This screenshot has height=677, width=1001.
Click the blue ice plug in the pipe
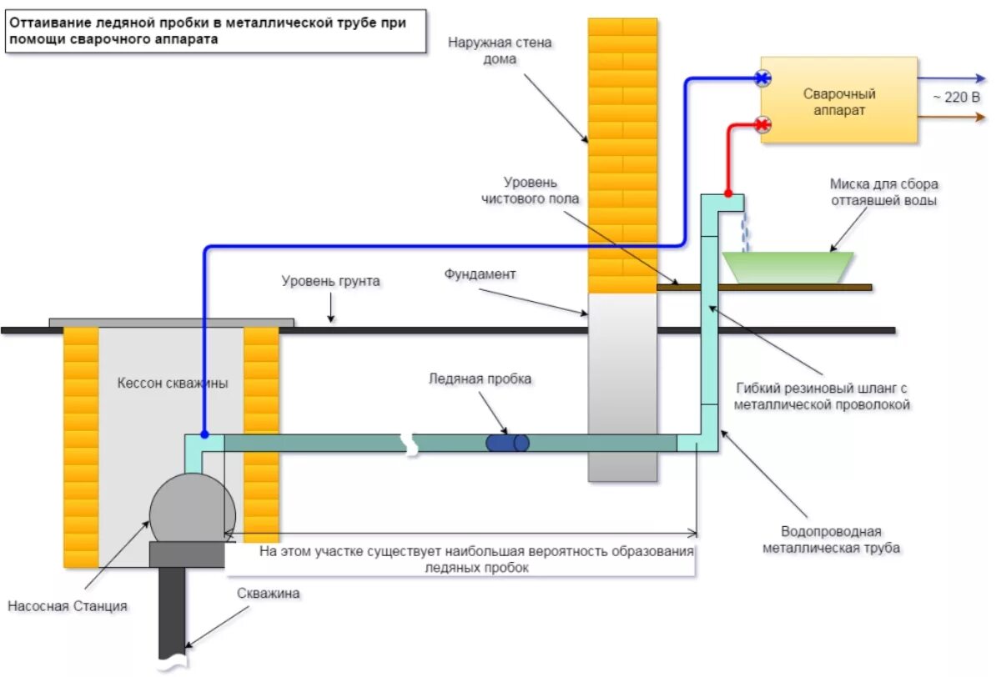pyautogui.click(x=507, y=443)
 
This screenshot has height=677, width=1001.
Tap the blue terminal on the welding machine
pyautogui.click(x=762, y=78)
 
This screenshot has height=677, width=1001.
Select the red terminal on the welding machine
pyautogui.click(x=762, y=124)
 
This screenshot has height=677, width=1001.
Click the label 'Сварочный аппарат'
pyautogui.click(x=839, y=102)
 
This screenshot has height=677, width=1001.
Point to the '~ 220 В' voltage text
pyautogui.click(x=956, y=97)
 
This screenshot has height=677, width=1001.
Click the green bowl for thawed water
pyautogui.click(x=787, y=267)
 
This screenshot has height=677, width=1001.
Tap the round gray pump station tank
pyautogui.click(x=192, y=509)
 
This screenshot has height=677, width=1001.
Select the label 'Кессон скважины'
pyautogui.click(x=173, y=383)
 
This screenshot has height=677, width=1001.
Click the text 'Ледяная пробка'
pyautogui.click(x=480, y=379)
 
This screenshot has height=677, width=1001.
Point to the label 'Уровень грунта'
pyautogui.click(x=330, y=281)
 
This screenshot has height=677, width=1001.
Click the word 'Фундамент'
pyautogui.click(x=480, y=273)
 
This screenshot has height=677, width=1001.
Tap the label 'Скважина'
pyautogui.click(x=268, y=593)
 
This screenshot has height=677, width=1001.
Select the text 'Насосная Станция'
pyautogui.click(x=68, y=606)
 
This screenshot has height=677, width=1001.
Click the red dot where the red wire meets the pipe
pyautogui.click(x=728, y=193)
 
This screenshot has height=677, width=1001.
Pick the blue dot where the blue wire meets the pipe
pyautogui.click(x=204, y=434)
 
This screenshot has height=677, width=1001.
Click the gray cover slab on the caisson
pyautogui.click(x=172, y=323)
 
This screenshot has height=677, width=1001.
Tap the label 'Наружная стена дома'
pyautogui.click(x=500, y=51)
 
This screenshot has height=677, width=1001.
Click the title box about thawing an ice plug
pyautogui.click(x=215, y=31)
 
